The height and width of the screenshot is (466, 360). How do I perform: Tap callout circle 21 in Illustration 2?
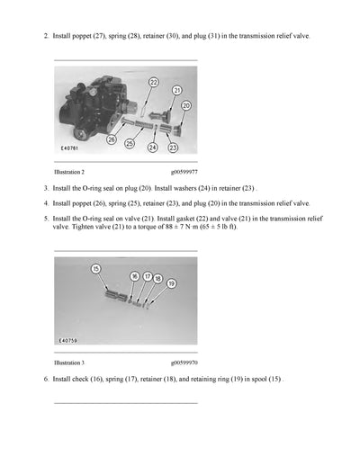176,90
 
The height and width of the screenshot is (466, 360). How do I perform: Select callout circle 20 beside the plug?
186,105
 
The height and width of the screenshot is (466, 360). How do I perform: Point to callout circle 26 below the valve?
112,139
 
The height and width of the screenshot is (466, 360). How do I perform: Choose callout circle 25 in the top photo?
130,144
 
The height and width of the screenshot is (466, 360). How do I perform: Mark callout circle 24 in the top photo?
153,147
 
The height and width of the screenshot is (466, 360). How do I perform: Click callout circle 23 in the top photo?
173,147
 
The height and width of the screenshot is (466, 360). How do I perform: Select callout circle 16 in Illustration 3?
134,276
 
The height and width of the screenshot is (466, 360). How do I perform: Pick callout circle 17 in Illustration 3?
147,278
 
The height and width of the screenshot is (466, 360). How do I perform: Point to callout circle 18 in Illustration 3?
157,280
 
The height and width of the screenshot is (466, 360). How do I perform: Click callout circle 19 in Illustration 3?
171,283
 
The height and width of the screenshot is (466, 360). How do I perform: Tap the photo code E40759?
68,341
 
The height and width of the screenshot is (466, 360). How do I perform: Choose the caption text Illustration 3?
69,362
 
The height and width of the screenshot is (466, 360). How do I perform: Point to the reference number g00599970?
184,362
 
